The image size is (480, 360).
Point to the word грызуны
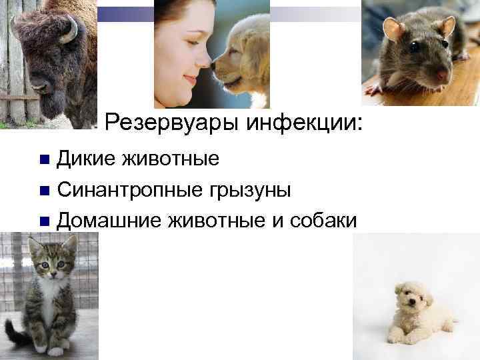pyautogui.click(x=246, y=191)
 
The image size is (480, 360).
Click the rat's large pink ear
pyautogui.click(x=394, y=30)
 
